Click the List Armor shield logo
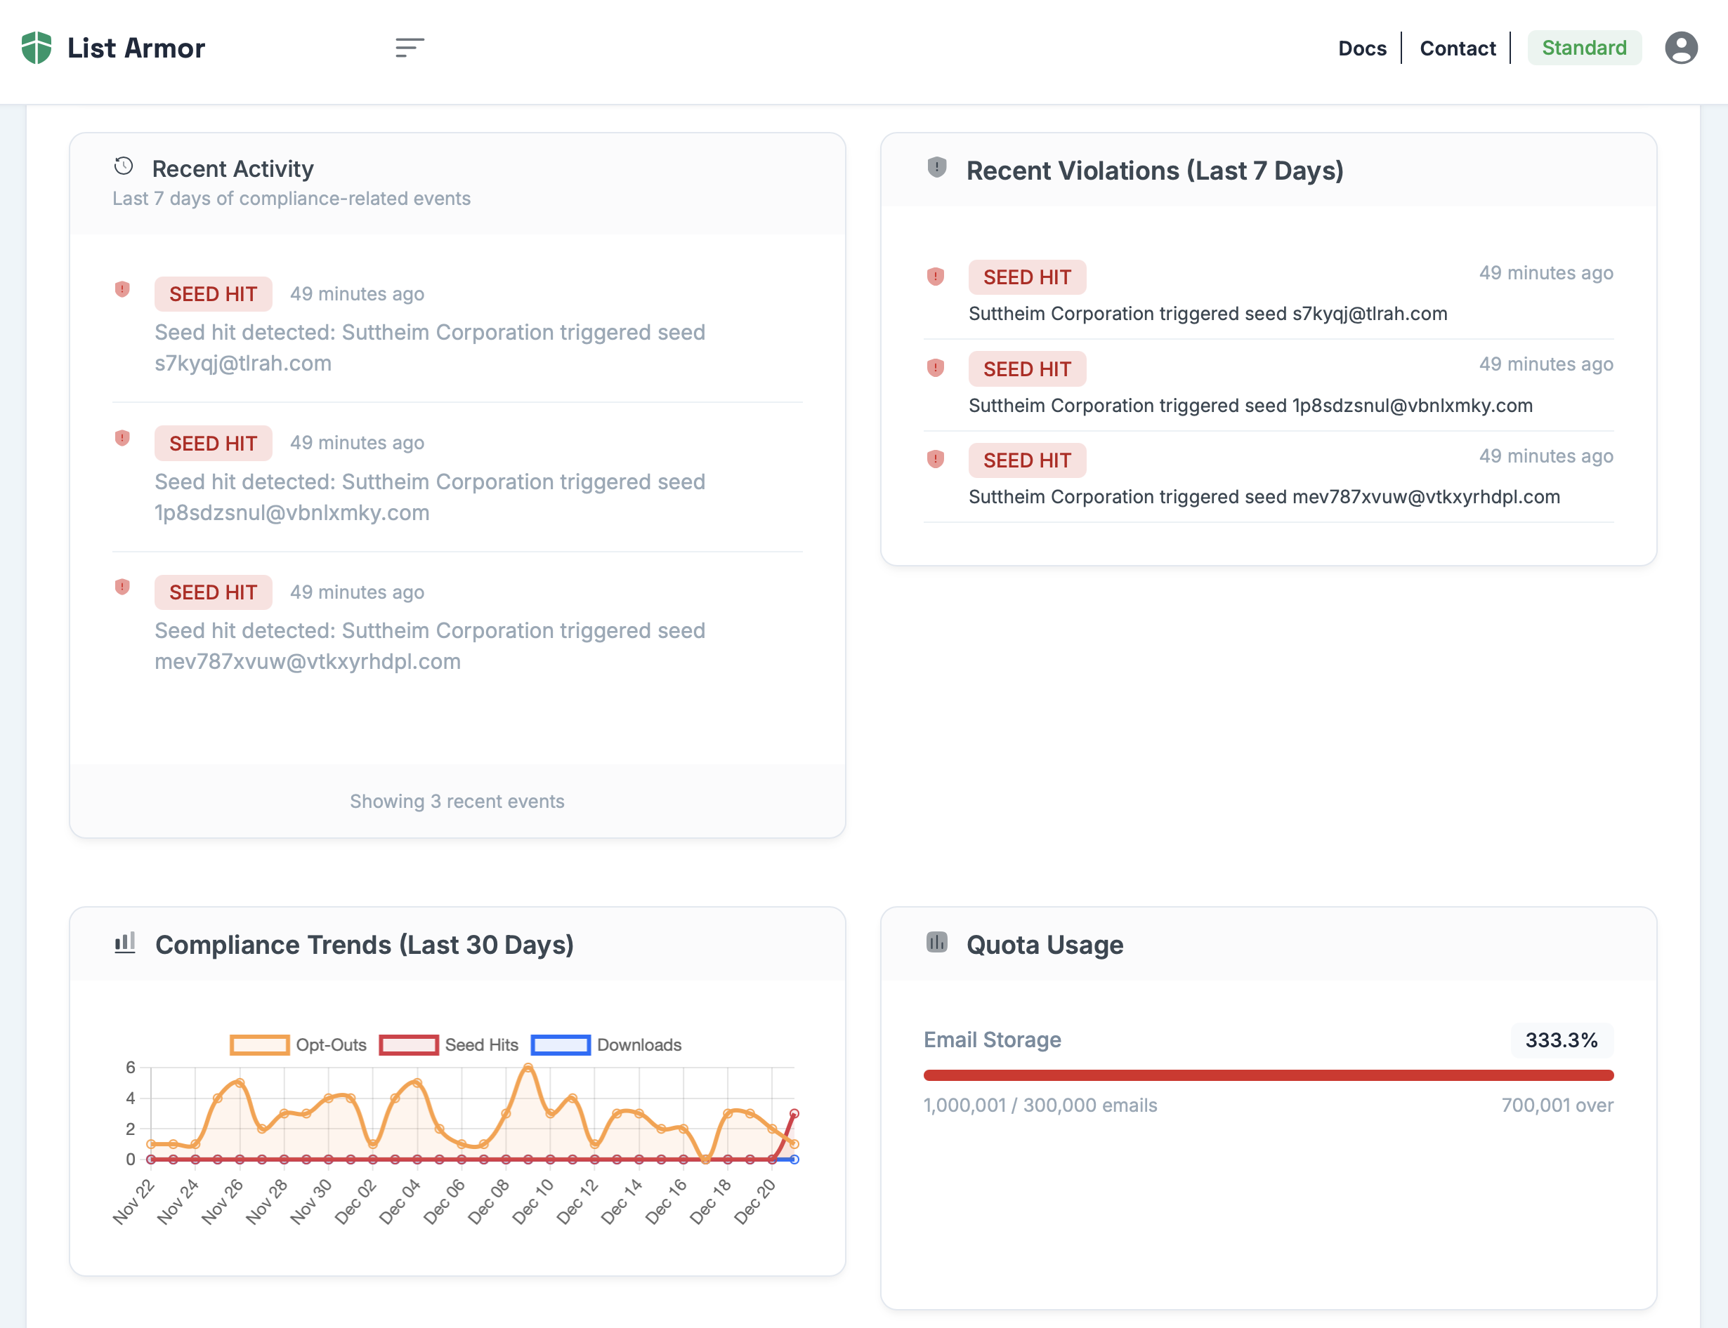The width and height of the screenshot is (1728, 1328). [37, 48]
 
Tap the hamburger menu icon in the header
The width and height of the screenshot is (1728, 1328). [410, 48]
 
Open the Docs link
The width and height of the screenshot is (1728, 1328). [1362, 48]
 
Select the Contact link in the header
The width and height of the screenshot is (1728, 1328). [1458, 48]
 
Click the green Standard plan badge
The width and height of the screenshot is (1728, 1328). [1584, 48]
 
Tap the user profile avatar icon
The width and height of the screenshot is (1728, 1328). [1682, 48]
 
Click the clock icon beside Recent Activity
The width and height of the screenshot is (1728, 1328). [124, 166]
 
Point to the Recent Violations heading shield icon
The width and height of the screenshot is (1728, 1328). [936, 168]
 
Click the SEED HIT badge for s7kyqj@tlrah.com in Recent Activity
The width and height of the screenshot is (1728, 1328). [213, 294]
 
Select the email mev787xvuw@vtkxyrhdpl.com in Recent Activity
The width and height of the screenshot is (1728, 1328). [308, 662]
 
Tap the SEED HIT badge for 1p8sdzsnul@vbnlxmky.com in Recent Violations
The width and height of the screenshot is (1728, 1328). [1026, 369]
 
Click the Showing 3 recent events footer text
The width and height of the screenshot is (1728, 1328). [457, 802]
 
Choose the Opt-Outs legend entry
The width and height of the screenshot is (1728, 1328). [298, 1045]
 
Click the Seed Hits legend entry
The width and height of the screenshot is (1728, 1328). [448, 1045]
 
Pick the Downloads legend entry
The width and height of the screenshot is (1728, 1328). [606, 1045]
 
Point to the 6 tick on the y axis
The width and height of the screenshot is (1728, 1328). [131, 1068]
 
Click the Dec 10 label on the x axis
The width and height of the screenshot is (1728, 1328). [535, 1201]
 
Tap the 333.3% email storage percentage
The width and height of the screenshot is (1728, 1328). [1561, 1040]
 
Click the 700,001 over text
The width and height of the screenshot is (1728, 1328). [1557, 1105]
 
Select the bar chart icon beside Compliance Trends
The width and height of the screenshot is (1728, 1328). [125, 943]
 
